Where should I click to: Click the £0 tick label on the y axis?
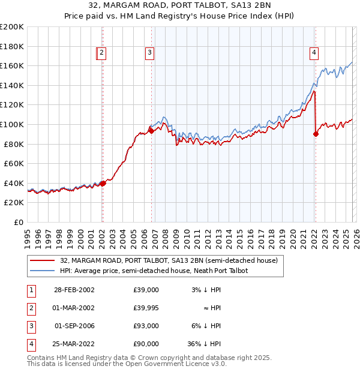[x=19, y=222]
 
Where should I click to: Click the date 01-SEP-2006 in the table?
[x=74, y=326]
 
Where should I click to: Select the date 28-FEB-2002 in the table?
[x=74, y=290]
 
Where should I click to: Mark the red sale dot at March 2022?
[x=316, y=134]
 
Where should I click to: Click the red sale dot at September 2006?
[x=151, y=131]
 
